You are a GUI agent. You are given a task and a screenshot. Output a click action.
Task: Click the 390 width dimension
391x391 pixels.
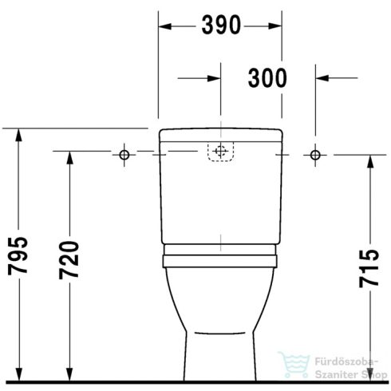click(220, 26)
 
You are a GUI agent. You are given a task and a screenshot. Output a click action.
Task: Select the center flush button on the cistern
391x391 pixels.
click(220, 152)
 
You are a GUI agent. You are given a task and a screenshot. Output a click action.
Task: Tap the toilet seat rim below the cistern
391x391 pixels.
click(220, 257)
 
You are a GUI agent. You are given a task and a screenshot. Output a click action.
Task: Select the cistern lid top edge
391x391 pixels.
click(220, 128)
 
